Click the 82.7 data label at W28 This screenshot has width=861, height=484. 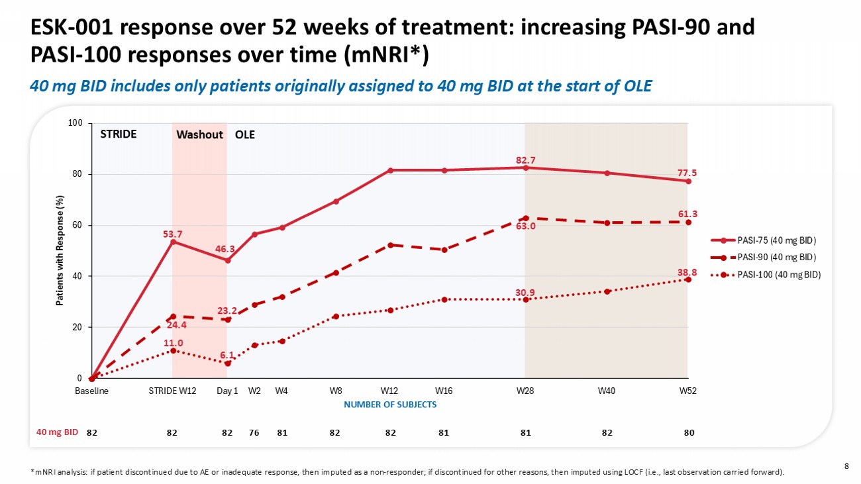pyautogui.click(x=525, y=160)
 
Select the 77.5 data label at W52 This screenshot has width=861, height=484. pyautogui.click(x=687, y=173)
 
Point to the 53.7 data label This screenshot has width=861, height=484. pyautogui.click(x=172, y=234)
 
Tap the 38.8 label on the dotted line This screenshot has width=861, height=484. pyautogui.click(x=687, y=271)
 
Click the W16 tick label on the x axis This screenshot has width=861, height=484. pyautogui.click(x=444, y=391)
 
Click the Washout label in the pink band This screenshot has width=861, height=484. pyautogui.click(x=199, y=135)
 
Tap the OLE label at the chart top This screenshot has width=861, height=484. pyautogui.click(x=245, y=135)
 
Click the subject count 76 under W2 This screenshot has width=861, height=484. pyautogui.click(x=254, y=432)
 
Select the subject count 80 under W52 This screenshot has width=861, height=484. pyautogui.click(x=689, y=432)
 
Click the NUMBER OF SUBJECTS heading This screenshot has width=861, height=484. pyautogui.click(x=390, y=405)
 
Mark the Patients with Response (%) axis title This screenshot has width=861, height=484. pyautogui.click(x=61, y=250)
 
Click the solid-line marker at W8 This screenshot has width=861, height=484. pyautogui.click(x=336, y=201)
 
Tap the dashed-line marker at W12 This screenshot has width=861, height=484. pyautogui.click(x=391, y=245)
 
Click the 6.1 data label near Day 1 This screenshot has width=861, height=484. pyautogui.click(x=227, y=355)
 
